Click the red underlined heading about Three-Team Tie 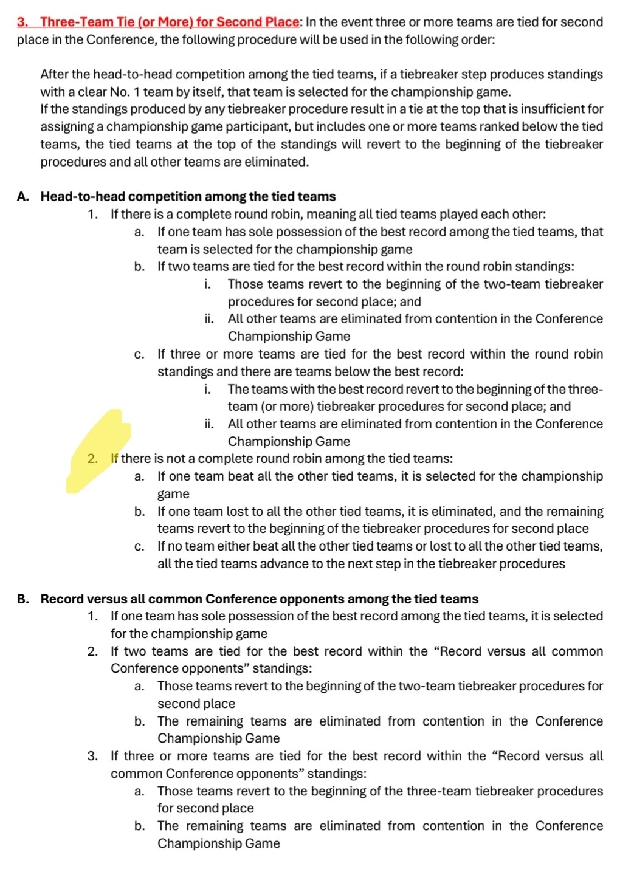158,22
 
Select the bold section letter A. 23,196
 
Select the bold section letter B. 23,599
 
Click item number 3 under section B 92,756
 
